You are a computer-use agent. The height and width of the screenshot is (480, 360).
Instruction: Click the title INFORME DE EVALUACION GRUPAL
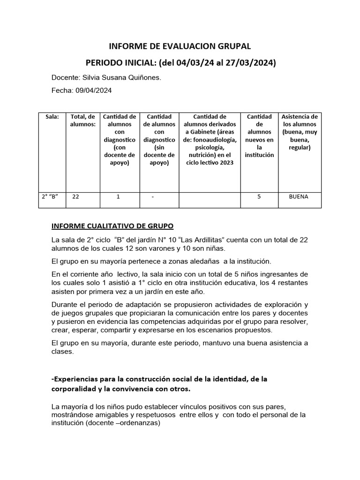(x=180, y=46)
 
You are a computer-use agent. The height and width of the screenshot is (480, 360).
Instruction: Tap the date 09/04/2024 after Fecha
(x=93, y=90)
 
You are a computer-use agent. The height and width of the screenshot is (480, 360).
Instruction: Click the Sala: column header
(x=52, y=117)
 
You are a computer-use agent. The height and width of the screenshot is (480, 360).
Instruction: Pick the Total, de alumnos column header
(x=82, y=120)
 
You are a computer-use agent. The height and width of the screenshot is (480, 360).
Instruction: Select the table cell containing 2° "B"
(x=52, y=197)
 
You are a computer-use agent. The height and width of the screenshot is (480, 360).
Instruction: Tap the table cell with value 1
(x=118, y=197)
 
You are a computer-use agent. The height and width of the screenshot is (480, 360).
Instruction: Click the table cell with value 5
(x=259, y=197)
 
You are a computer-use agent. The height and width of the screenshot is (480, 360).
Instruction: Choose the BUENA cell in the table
(x=299, y=197)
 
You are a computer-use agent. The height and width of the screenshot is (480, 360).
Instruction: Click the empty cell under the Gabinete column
(x=210, y=200)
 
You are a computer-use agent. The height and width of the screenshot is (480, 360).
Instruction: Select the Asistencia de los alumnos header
(x=299, y=132)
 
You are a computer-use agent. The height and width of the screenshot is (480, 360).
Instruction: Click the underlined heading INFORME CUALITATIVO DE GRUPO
(x=112, y=226)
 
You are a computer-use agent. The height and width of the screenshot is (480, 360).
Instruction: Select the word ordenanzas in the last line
(x=140, y=422)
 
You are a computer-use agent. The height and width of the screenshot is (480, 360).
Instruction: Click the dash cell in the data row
(x=153, y=197)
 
